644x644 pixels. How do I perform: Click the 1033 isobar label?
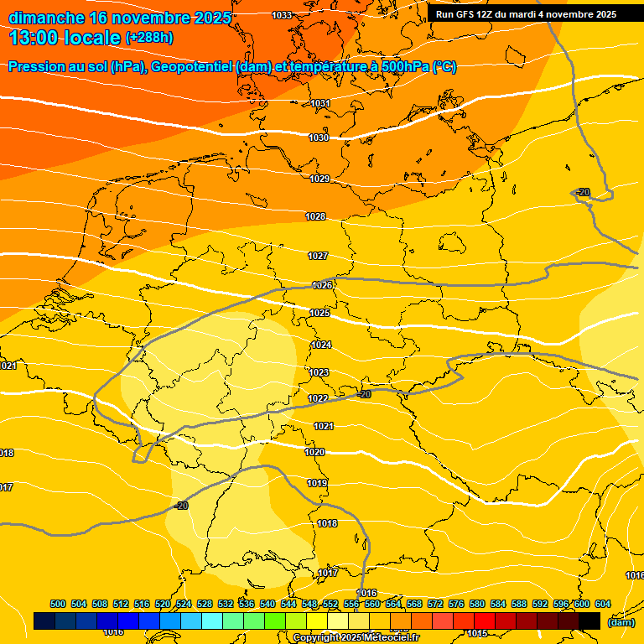282,15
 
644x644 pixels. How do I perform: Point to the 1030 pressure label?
319,138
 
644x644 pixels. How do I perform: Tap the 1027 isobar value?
318,256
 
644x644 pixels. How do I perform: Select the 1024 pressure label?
321,345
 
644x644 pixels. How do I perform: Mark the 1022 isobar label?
318,398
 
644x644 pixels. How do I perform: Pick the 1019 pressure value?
317,483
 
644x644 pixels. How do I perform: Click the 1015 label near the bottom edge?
478,633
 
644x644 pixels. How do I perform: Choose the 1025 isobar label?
319,313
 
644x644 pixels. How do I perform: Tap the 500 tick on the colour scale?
58,604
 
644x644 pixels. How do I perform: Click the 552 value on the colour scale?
330,604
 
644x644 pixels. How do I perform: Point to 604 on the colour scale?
603,604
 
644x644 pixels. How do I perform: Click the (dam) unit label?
621,622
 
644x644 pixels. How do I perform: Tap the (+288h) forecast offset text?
149,38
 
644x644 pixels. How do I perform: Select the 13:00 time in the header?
37,38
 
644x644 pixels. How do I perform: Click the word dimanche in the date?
46,18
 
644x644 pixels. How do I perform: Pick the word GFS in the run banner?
468,14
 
